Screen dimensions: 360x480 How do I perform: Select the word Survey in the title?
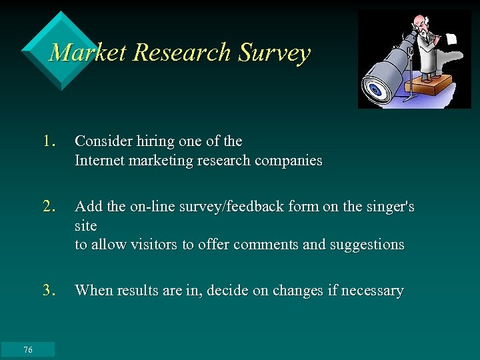point(274,52)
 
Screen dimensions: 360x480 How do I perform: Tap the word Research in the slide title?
point(182,52)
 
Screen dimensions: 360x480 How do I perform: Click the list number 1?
point(48,141)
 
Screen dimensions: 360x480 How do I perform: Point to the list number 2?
point(48,207)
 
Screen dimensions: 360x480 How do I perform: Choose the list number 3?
point(48,290)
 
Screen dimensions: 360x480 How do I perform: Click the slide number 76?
point(27,350)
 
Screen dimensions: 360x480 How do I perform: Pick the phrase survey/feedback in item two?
point(212,207)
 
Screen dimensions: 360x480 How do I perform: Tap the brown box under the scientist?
point(430,83)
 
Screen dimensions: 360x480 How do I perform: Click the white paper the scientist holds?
point(451,39)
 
